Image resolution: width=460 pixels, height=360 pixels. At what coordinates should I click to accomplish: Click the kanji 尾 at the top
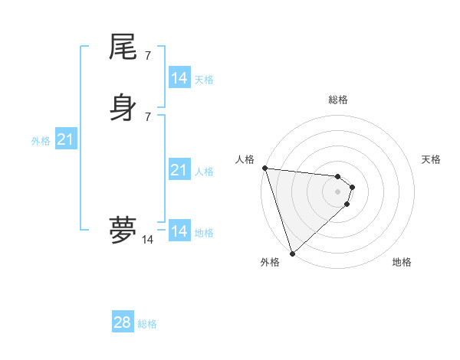pyautogui.click(x=123, y=47)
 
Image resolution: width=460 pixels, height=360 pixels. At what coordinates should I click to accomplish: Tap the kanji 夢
pyautogui.click(x=123, y=230)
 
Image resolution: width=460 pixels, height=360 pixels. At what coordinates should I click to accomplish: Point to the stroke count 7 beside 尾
pyautogui.click(x=147, y=55)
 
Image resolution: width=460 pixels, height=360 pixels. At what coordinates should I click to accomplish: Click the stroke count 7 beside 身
pyautogui.click(x=147, y=116)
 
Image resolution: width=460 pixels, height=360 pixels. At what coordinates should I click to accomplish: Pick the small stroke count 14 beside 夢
pyautogui.click(x=147, y=240)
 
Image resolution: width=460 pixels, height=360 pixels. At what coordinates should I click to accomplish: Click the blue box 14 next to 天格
pyautogui.click(x=179, y=78)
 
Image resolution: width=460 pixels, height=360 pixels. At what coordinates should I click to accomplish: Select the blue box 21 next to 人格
pyautogui.click(x=179, y=170)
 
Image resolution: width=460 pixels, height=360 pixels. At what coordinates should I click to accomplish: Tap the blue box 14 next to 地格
pyautogui.click(x=179, y=231)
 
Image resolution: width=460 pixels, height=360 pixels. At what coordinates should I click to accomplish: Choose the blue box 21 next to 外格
pyautogui.click(x=65, y=139)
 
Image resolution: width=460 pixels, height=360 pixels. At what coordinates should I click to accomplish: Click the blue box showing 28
pyautogui.click(x=123, y=322)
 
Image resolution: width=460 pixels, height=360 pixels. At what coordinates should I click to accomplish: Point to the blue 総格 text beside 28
pyautogui.click(x=147, y=324)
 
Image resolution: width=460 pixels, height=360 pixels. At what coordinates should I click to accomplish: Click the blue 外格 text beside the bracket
pyautogui.click(x=41, y=141)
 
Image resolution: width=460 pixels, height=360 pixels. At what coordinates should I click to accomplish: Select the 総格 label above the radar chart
pyautogui.click(x=337, y=100)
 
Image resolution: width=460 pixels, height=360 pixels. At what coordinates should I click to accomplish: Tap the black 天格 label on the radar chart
pyautogui.click(x=432, y=159)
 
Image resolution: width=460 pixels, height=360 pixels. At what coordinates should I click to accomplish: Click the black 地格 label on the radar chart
pyautogui.click(x=402, y=262)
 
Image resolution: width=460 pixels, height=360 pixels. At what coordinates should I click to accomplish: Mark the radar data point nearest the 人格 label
pyautogui.click(x=264, y=168)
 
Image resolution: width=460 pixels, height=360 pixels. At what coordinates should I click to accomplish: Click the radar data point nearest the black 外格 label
pyautogui.click(x=292, y=253)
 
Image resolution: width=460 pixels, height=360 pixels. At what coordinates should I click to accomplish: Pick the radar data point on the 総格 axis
pyautogui.click(x=337, y=175)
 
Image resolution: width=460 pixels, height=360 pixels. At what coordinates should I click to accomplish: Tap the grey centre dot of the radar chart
pyautogui.click(x=337, y=191)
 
